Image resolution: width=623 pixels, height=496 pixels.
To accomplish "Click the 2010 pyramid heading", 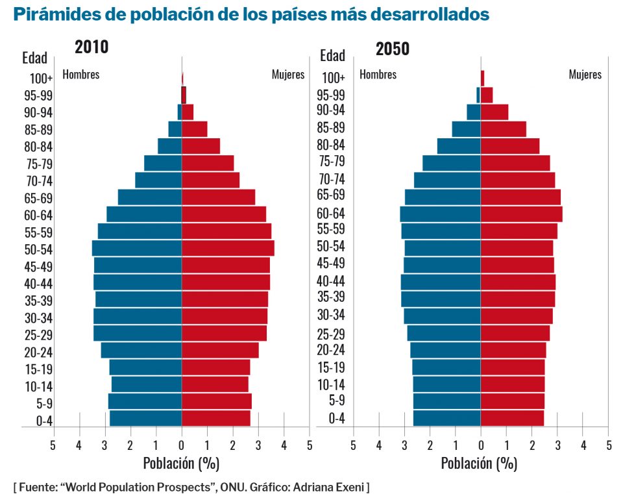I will (x=92, y=47).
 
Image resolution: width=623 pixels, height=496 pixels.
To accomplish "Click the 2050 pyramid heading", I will (x=392, y=49).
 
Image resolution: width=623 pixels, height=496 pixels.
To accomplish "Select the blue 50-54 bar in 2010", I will (x=137, y=249).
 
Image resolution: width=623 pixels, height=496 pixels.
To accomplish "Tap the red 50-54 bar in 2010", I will (x=228, y=249).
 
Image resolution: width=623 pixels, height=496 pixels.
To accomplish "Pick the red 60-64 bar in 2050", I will (x=521, y=214).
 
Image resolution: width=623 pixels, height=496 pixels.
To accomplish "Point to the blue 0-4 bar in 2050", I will (x=446, y=417).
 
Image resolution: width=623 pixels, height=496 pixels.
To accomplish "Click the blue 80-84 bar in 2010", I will (x=169, y=146).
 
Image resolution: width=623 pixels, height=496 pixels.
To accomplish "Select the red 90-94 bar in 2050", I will (x=495, y=112).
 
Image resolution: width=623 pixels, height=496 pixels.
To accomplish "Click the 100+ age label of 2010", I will (x=41, y=79).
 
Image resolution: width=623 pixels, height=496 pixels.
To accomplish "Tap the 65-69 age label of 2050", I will (x=331, y=194).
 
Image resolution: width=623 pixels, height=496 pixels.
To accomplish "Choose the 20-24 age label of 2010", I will (x=38, y=353).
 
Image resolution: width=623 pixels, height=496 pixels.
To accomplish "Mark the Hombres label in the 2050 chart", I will (x=378, y=74).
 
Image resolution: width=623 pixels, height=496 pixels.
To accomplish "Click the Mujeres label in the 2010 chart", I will (x=287, y=74).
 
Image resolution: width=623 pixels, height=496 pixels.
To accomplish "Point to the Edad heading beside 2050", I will (x=333, y=56).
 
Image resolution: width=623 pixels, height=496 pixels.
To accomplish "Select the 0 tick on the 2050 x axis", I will (x=481, y=445).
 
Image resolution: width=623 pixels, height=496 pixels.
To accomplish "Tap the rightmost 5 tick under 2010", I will (x=310, y=445).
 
